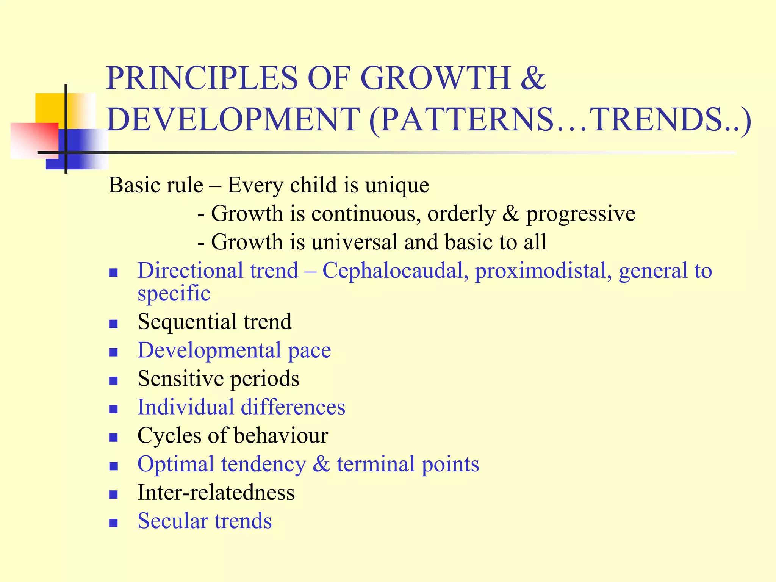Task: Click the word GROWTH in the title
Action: [435, 78]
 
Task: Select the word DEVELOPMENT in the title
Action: [233, 119]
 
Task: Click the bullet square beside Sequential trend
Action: [113, 324]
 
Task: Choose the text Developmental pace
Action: [234, 350]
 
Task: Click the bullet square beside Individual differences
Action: [113, 409]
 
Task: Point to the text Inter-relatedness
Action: [216, 493]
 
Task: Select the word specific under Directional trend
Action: [174, 294]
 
